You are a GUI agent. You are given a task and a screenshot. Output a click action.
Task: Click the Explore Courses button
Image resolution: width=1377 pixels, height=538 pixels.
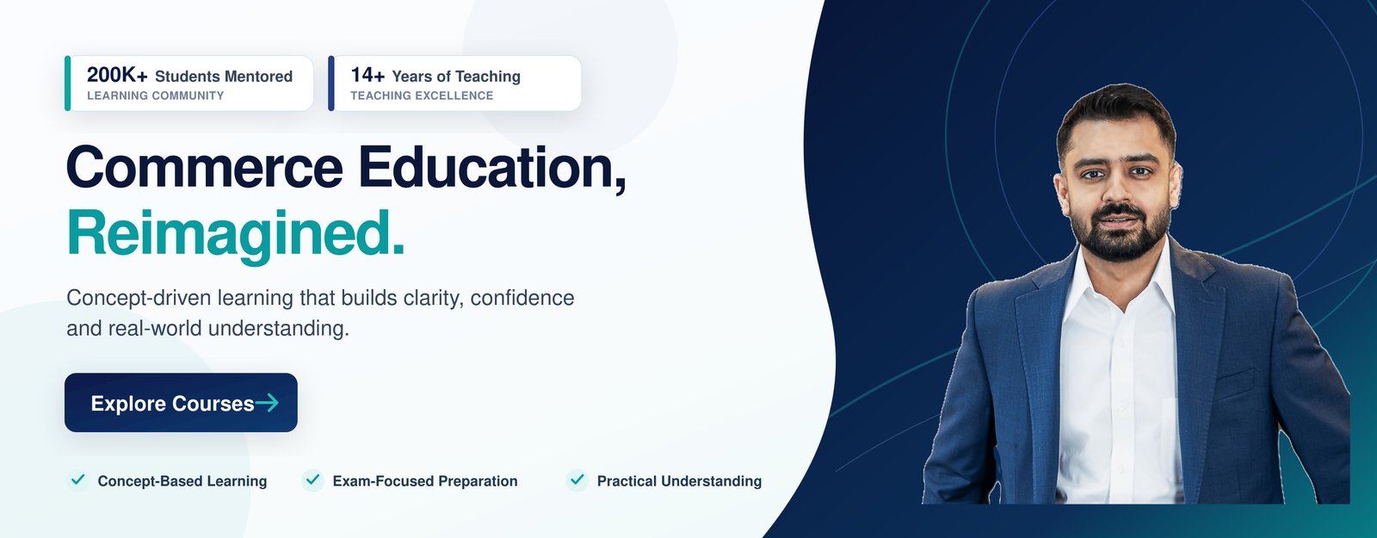pyautogui.click(x=181, y=402)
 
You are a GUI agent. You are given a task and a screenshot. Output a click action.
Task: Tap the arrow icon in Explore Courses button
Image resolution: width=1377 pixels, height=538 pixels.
pyautogui.click(x=267, y=403)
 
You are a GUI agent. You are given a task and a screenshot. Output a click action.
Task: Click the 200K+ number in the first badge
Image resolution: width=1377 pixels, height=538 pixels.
pyautogui.click(x=117, y=75)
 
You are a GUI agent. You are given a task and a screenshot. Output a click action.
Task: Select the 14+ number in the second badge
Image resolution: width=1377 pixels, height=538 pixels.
pyautogui.click(x=367, y=75)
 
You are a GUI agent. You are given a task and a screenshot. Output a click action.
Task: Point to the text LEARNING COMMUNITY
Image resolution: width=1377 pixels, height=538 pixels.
pyautogui.click(x=156, y=96)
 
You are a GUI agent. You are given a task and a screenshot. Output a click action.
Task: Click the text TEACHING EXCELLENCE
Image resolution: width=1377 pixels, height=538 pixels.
pyautogui.click(x=422, y=96)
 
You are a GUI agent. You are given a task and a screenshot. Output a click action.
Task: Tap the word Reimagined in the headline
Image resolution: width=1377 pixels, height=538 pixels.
pyautogui.click(x=236, y=233)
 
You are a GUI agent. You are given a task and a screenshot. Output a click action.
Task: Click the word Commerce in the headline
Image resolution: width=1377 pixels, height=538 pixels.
pyautogui.click(x=205, y=167)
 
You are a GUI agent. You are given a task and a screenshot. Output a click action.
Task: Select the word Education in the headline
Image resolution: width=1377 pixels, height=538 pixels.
pyautogui.click(x=492, y=168)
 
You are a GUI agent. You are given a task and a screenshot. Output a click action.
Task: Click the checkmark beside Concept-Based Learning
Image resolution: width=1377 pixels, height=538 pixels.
pyautogui.click(x=78, y=479)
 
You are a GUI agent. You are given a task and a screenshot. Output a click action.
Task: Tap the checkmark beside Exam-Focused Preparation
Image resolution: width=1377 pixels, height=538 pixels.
pyautogui.click(x=313, y=479)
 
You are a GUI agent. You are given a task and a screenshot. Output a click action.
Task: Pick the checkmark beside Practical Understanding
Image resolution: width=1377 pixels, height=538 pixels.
pyautogui.click(x=577, y=479)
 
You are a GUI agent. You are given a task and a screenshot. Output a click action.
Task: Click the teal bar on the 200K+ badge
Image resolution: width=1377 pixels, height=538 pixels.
pyautogui.click(x=68, y=83)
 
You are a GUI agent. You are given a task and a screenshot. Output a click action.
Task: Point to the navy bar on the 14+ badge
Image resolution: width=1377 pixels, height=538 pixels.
pyautogui.click(x=331, y=83)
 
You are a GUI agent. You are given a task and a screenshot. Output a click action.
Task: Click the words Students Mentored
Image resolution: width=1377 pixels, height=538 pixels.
pyautogui.click(x=224, y=77)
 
